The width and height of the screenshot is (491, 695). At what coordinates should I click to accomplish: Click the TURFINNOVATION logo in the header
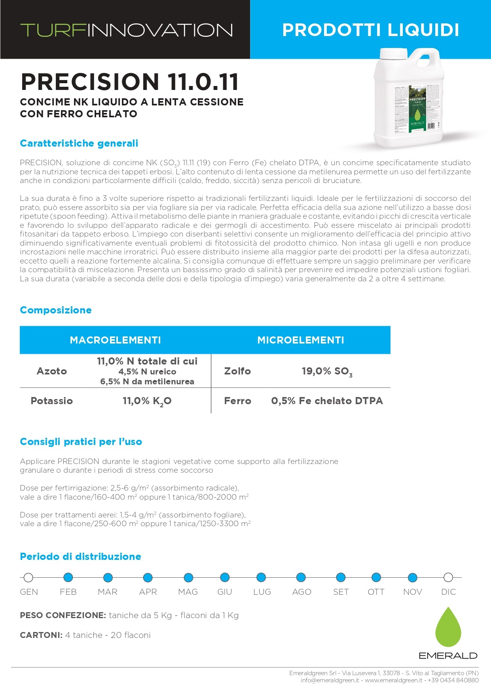tap(127, 30)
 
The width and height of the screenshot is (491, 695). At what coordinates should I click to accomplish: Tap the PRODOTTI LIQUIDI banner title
tap(370, 30)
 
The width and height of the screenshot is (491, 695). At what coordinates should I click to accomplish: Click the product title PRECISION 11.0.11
tap(130, 82)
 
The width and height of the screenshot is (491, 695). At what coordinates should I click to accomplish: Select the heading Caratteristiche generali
tap(79, 143)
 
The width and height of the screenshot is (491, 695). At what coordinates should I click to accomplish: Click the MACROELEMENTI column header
tap(115, 340)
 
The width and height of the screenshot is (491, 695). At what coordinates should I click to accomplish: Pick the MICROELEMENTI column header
tap(301, 340)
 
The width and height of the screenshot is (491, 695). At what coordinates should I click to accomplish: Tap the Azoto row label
tap(52, 371)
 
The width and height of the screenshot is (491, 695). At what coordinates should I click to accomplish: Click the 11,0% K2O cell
tap(147, 401)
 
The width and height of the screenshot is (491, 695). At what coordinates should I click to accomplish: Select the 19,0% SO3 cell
tap(327, 371)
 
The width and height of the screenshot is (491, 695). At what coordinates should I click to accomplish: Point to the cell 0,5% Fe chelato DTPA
tap(327, 401)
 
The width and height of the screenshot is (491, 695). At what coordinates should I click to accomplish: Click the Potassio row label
tap(52, 401)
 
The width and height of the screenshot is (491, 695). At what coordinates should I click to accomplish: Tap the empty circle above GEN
tap(28, 577)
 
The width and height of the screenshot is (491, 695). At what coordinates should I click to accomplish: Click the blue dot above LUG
tap(261, 577)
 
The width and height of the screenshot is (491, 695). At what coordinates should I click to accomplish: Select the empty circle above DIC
tap(448, 577)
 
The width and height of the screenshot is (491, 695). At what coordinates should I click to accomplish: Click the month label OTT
tap(376, 592)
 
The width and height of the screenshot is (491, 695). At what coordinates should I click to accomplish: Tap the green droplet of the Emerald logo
tap(448, 628)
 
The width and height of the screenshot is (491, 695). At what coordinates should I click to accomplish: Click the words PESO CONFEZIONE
tap(63, 615)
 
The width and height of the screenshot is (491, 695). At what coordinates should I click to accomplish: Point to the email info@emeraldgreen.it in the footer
tap(330, 680)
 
